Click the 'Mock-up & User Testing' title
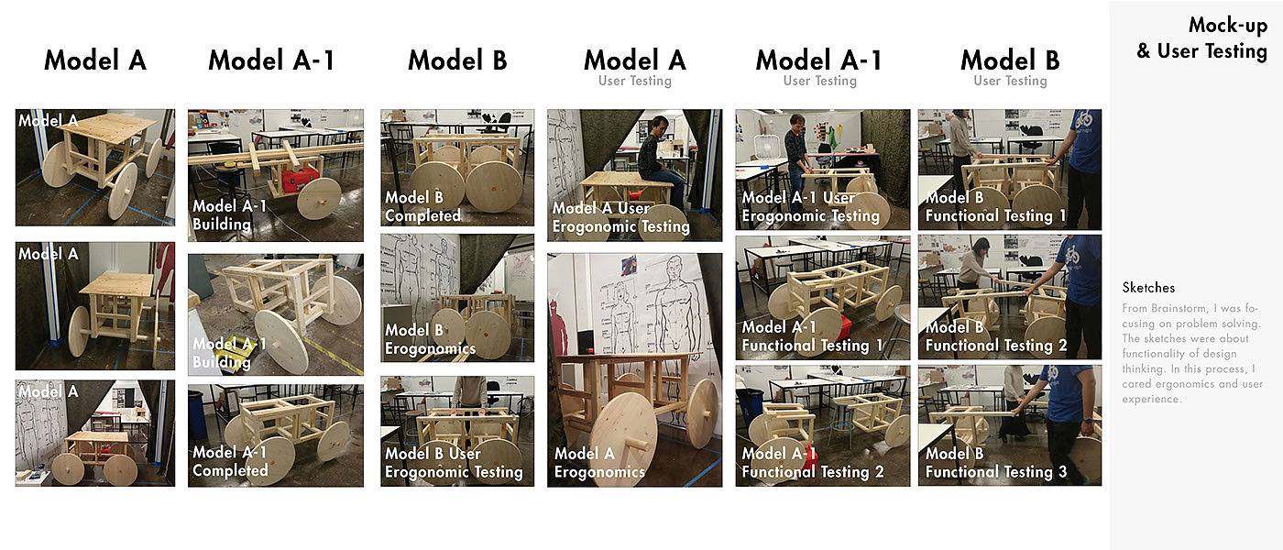point(1201,38)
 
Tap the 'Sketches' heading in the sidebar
point(1147,288)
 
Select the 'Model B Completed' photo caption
point(422,206)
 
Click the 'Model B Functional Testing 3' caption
point(996,462)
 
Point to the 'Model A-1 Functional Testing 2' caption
point(813,462)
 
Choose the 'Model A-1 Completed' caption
point(230,461)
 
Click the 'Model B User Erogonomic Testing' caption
point(454,462)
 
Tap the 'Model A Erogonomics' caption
point(599,462)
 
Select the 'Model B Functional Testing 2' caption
point(996,336)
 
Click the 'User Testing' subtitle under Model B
point(1010,81)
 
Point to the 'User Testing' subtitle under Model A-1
point(820,81)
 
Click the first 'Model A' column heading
point(95,60)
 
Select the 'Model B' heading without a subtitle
point(457,60)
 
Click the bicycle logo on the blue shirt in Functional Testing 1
point(1082,120)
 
